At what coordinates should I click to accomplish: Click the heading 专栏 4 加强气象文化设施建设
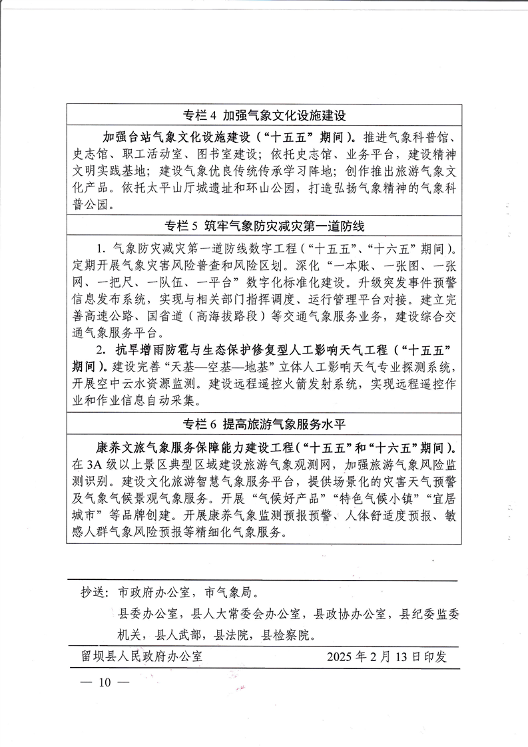click(x=265, y=115)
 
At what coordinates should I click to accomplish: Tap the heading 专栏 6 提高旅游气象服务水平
click(x=265, y=423)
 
